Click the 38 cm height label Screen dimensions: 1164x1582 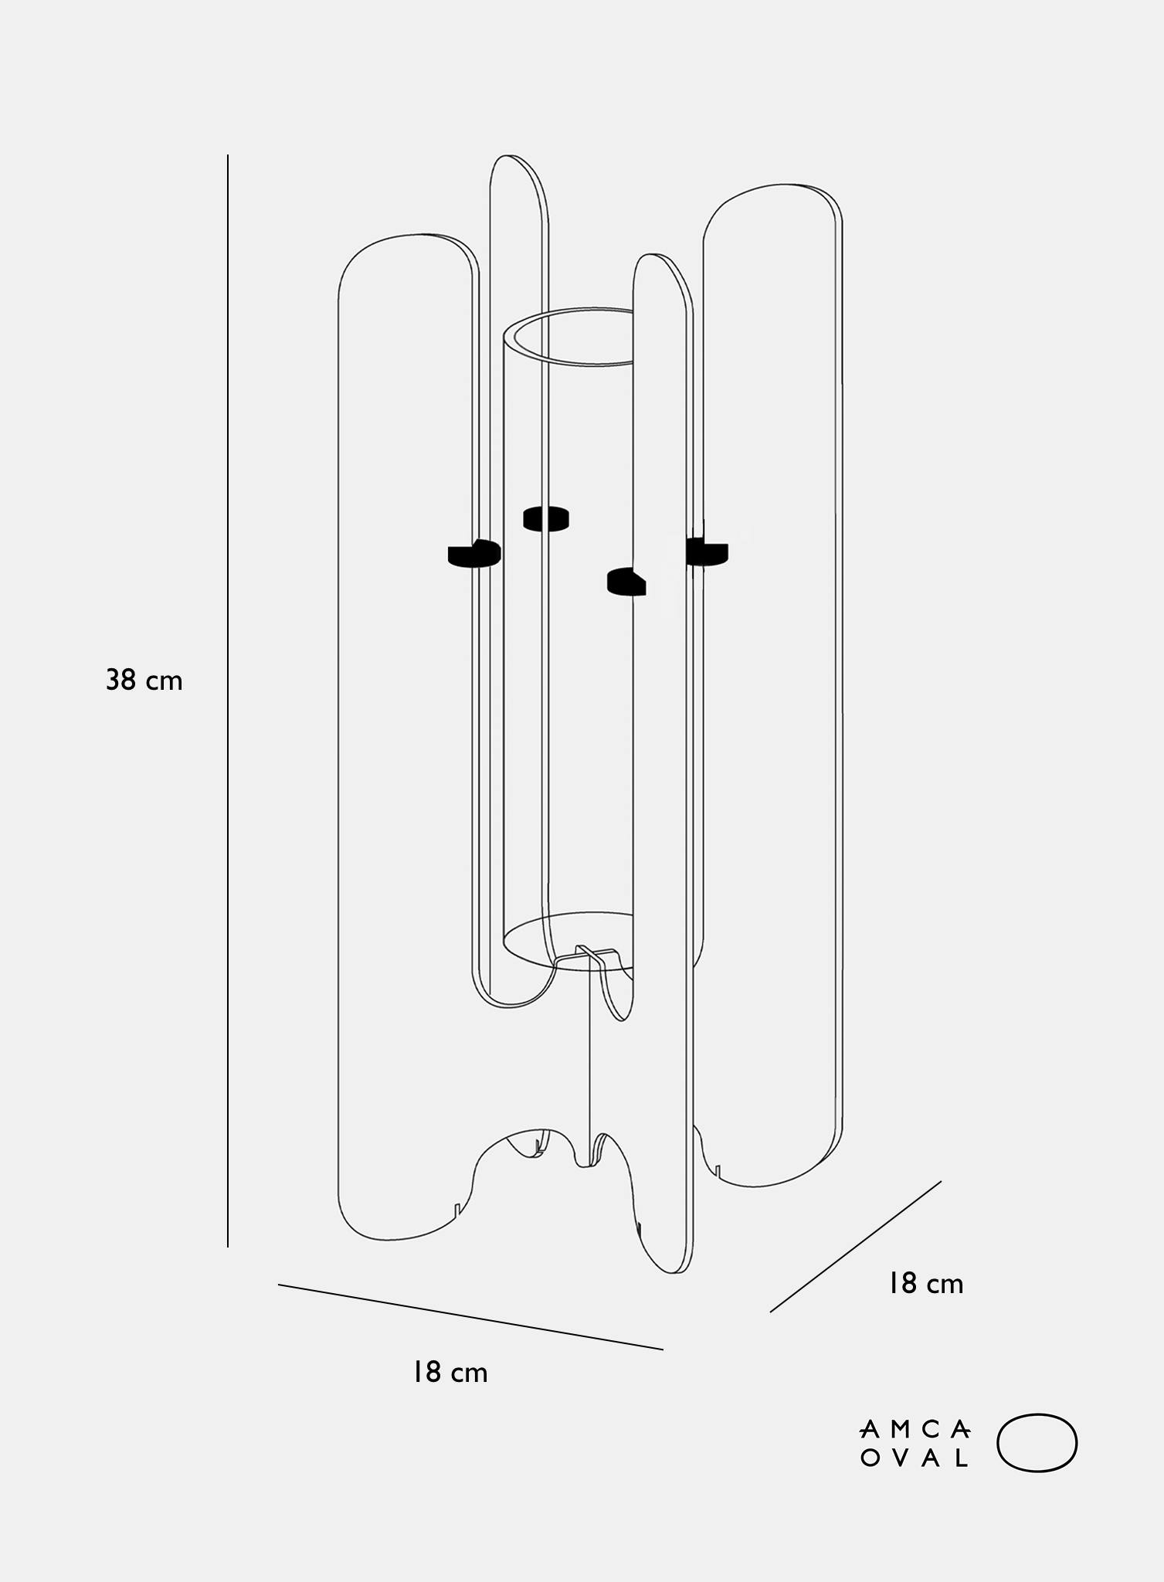coord(144,681)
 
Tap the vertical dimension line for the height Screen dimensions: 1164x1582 coord(228,701)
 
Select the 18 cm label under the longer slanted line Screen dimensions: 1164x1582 coord(450,1373)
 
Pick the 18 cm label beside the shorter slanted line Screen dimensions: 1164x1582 coord(925,1284)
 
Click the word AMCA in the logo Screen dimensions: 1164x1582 coord(915,1430)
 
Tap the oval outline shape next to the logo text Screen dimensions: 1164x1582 coord(1037,1442)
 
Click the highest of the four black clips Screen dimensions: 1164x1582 coord(546,518)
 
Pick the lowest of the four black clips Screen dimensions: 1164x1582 coord(626,582)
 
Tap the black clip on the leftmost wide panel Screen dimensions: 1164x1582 coord(474,553)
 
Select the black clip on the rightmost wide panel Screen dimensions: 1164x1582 coord(707,552)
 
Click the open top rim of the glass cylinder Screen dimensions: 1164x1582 coord(568,338)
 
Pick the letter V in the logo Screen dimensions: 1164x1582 coord(898,1458)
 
